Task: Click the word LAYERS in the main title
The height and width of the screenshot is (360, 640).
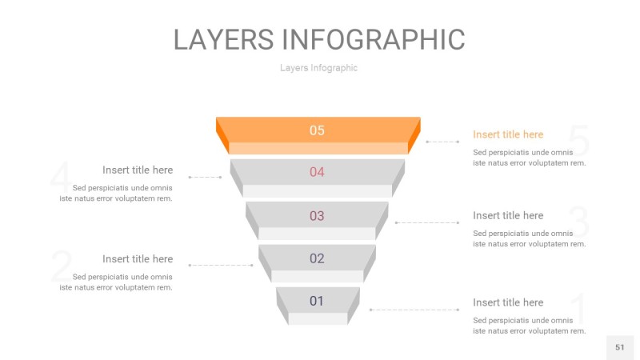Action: pos(223,40)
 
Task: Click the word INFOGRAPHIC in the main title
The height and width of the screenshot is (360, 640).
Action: pos(374,40)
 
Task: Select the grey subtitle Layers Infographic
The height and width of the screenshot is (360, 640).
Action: pos(318,68)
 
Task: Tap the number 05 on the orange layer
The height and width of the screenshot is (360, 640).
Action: pos(318,130)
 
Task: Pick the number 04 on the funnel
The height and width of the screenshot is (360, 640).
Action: pos(318,172)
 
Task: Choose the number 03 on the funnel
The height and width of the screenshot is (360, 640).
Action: pos(318,216)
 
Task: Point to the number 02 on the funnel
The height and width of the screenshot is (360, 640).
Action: pos(318,258)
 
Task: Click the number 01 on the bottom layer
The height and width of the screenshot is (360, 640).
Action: pos(318,301)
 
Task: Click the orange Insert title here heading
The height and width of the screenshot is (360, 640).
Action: pos(508,134)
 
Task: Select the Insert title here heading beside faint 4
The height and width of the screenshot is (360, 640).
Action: pos(138,170)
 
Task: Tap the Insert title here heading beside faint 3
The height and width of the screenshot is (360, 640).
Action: pos(508,215)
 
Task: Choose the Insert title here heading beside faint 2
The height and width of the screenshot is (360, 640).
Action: pos(138,258)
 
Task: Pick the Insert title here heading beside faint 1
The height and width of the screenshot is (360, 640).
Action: pos(508,302)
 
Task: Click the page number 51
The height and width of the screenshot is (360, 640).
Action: pos(620,347)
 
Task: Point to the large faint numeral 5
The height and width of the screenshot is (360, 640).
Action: pos(579,142)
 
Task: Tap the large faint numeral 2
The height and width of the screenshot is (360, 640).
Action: pos(61,266)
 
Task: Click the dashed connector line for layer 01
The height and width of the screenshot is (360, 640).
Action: pos(414,310)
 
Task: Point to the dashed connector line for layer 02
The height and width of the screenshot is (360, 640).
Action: pos(221,265)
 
